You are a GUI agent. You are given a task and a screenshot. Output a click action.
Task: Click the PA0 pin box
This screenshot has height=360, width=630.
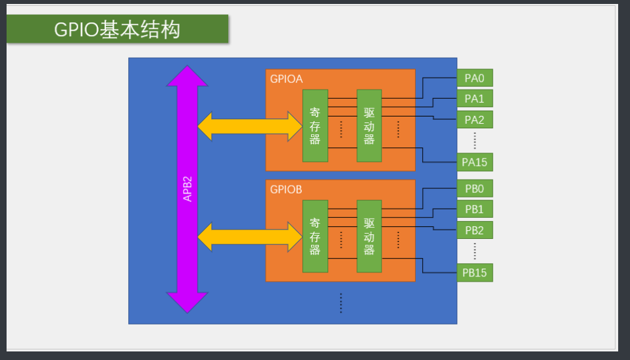click(x=475, y=78)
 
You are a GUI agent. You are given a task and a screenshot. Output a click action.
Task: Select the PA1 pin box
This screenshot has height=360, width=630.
click(x=475, y=99)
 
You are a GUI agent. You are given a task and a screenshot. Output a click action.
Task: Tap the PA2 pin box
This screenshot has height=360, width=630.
click(x=475, y=120)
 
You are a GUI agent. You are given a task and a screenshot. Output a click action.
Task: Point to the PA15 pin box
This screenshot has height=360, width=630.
click(x=475, y=162)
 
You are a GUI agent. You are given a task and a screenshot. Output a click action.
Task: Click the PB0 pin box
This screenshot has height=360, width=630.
click(x=475, y=189)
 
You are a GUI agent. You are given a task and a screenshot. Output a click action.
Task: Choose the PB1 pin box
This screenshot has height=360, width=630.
click(x=475, y=209)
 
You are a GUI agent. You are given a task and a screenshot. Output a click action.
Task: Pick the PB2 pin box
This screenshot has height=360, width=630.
click(x=475, y=230)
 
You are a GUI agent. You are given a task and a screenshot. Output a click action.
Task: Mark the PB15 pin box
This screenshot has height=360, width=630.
click(x=475, y=272)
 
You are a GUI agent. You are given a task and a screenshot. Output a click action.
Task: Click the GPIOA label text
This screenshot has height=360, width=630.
click(x=286, y=79)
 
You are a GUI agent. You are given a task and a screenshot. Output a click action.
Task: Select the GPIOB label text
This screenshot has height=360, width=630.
click(x=286, y=190)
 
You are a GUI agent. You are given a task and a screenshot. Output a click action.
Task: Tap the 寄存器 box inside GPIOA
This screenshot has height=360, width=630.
click(x=315, y=126)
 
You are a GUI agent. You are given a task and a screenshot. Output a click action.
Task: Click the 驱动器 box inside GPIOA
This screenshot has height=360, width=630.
click(x=369, y=126)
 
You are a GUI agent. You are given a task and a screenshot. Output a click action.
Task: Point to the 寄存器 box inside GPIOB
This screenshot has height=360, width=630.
click(x=315, y=236)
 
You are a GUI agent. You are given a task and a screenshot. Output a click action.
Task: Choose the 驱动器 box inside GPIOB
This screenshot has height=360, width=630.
click(x=369, y=236)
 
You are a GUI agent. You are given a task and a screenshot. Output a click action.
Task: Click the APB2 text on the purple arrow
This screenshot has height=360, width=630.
click(x=187, y=188)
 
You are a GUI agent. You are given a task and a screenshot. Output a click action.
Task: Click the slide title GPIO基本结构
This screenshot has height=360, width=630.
click(x=117, y=30)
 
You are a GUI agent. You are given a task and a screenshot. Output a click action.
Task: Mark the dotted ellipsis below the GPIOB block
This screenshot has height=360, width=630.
click(x=341, y=303)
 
